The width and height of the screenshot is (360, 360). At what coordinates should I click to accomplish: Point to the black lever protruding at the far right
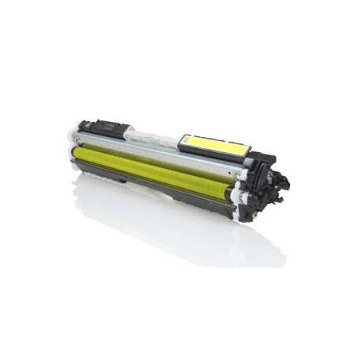[x=284, y=182]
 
